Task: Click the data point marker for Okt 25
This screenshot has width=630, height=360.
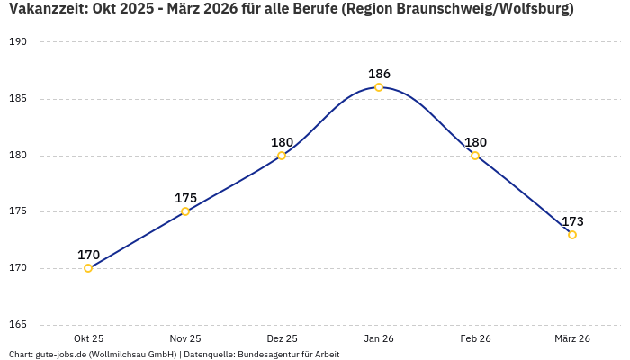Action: pos(88,268)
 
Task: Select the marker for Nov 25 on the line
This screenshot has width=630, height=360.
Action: pos(185,211)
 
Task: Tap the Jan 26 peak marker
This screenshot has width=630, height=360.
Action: pos(379,87)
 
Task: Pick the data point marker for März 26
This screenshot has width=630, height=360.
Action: pos(572,235)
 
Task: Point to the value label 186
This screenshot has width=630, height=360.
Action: pos(379,74)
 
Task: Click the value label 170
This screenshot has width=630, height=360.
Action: pos(88,255)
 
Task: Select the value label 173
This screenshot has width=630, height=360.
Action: pos(572,221)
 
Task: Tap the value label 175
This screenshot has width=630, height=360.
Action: pos(185,198)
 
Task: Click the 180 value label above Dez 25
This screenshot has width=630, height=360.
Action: pos(282,142)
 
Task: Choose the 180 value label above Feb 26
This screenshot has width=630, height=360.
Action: pos(475,142)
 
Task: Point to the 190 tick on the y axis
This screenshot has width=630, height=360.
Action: pos(19,42)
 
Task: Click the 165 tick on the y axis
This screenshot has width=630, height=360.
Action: pos(19,325)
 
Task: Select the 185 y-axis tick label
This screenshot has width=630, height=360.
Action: pos(19,99)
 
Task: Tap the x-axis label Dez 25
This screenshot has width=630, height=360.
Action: pos(282,338)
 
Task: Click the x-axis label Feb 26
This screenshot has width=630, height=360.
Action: pos(475,338)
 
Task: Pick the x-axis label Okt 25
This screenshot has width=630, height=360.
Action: pos(88,338)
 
